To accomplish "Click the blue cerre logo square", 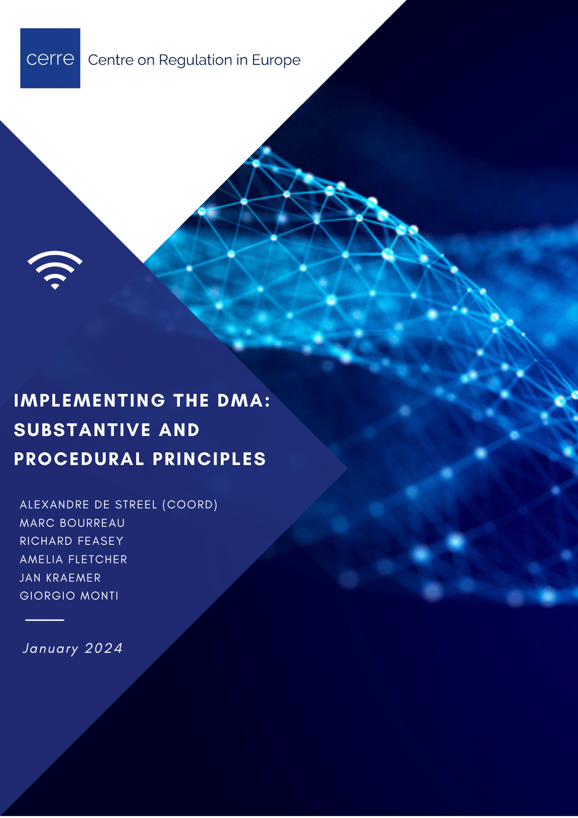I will coord(50,58).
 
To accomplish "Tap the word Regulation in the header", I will coord(195,60).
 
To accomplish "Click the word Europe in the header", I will coord(276,60).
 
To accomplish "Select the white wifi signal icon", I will coord(55,270).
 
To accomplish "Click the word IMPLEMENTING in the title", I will coord(90,400).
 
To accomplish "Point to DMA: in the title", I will coord(244,400).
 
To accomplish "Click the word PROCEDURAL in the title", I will coord(79,459).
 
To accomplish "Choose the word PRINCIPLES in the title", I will coord(209,459).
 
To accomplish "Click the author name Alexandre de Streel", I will coord(88,505).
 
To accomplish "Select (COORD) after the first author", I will coord(190,505).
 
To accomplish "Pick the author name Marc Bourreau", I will coord(72,523).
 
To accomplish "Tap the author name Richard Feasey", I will coord(72,541).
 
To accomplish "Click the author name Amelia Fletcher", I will coord(74,560).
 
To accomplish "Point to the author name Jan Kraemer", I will coord(60,578).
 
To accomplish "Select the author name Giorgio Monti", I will coord(69,596).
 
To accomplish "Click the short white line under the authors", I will coord(45,620).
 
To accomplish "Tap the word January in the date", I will coord(50,649).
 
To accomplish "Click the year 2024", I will coord(104,648).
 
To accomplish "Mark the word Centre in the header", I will coord(111,60).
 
